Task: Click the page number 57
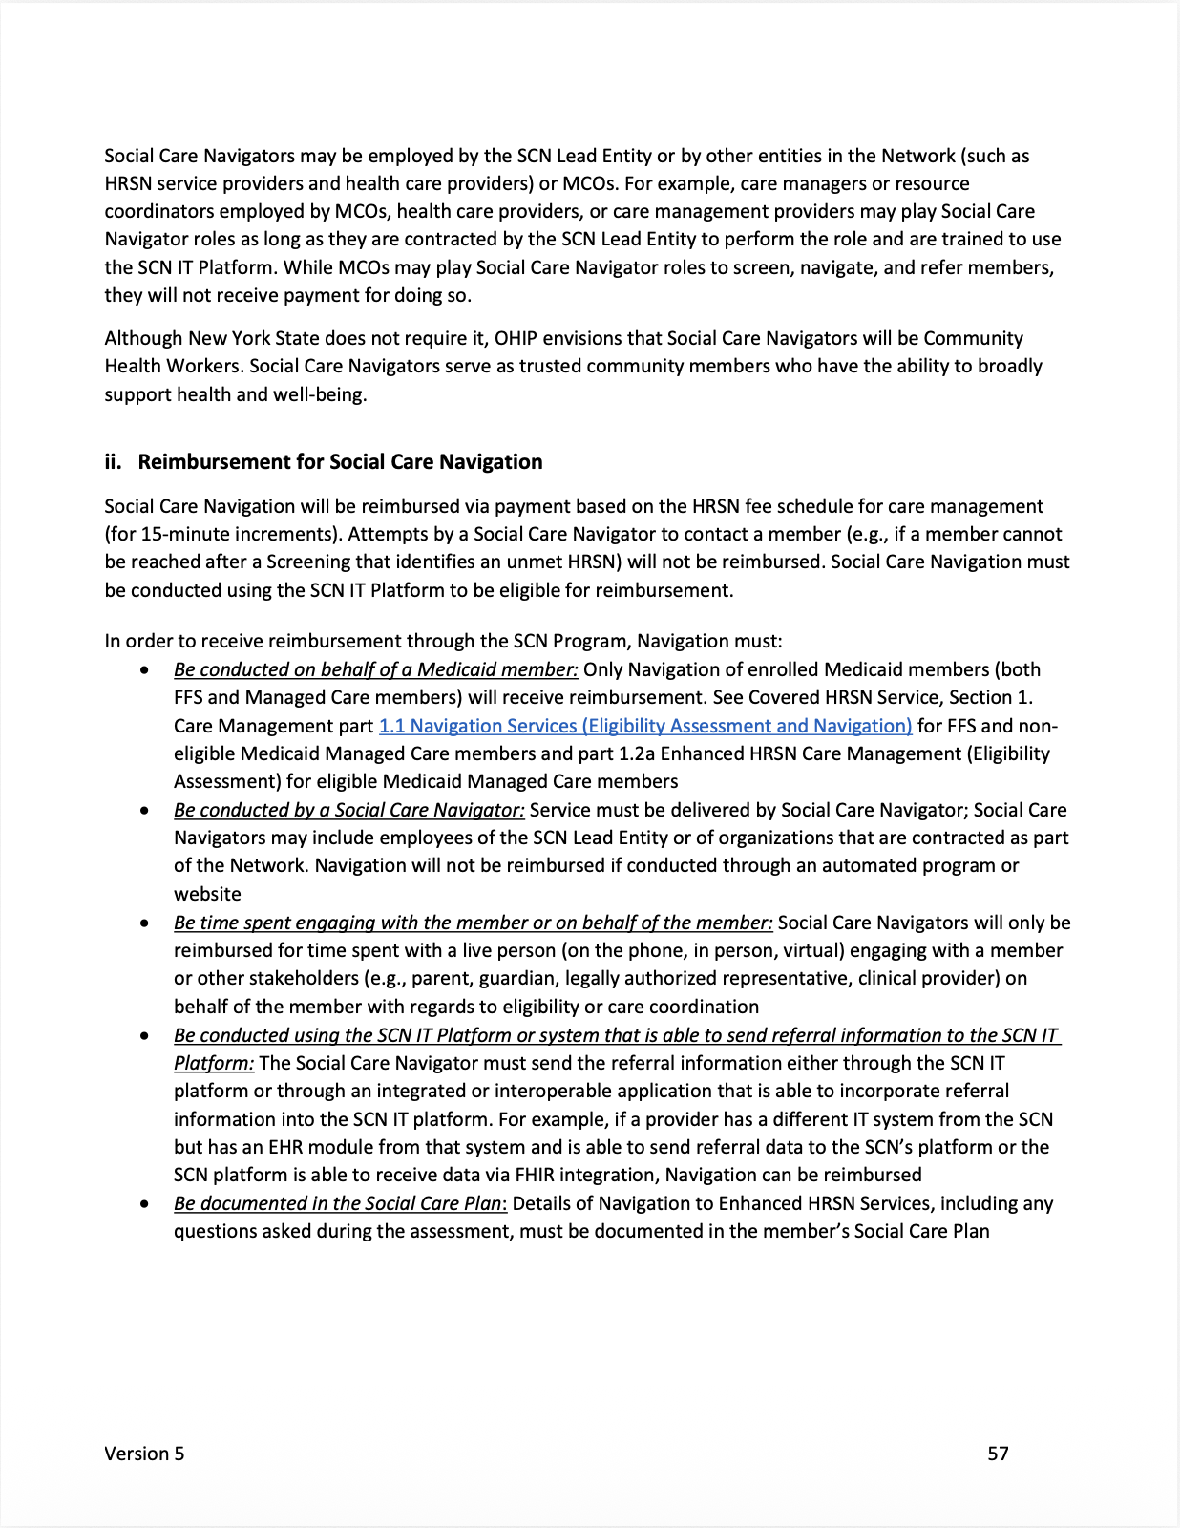[x=998, y=1454]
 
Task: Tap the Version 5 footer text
[x=144, y=1454]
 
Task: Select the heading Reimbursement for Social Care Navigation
[x=340, y=462]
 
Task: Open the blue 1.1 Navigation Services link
[x=645, y=726]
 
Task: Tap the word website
[x=207, y=895]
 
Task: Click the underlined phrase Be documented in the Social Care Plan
[x=338, y=1203]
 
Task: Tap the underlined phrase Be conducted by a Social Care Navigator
[x=348, y=810]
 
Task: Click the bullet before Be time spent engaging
[x=144, y=923]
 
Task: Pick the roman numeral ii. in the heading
[x=114, y=462]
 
